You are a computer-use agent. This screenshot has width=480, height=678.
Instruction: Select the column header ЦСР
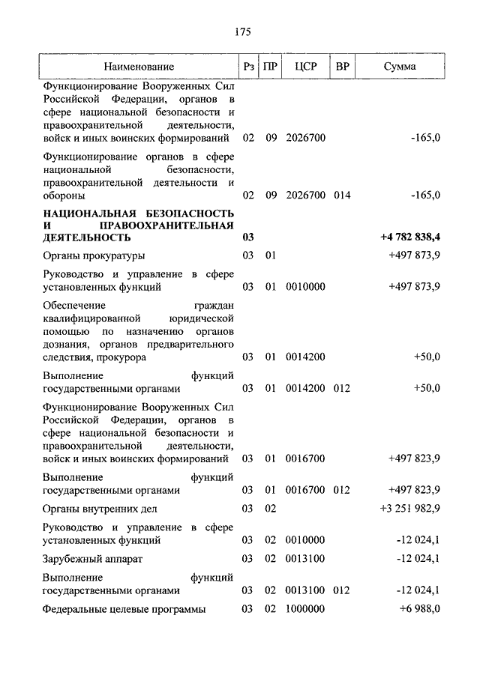tap(306, 67)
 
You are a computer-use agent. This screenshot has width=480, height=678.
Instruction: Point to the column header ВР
tap(343, 67)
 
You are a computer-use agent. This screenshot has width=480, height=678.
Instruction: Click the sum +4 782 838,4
tap(410, 237)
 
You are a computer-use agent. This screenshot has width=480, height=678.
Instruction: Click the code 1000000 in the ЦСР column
tap(305, 609)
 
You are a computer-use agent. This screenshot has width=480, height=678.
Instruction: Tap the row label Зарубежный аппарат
tap(92, 559)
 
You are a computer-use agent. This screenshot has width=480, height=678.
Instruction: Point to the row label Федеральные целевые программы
tap(124, 609)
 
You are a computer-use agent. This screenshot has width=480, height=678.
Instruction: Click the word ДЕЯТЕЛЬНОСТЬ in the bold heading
tap(88, 237)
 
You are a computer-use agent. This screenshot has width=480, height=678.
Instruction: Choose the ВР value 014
tap(342, 196)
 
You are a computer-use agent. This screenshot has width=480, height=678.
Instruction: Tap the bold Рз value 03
tap(249, 237)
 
